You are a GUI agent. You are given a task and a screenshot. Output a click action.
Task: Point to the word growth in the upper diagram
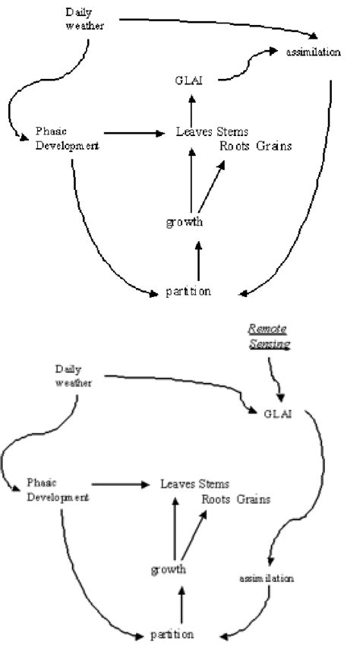(x=184, y=222)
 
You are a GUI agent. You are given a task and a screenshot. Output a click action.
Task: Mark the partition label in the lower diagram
(x=171, y=632)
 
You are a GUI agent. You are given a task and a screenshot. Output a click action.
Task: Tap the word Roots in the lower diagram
(x=216, y=499)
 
